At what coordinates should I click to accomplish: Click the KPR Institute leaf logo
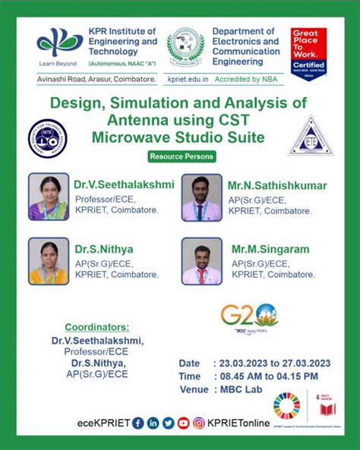click(61, 42)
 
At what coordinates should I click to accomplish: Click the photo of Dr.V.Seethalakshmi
click(49, 197)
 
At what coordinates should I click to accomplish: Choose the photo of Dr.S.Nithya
click(49, 260)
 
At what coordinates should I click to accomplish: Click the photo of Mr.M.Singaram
click(201, 260)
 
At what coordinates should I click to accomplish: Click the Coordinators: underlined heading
click(96, 327)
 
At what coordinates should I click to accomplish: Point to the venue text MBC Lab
click(239, 389)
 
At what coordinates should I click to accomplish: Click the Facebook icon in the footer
click(137, 423)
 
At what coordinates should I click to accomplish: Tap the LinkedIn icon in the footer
click(153, 423)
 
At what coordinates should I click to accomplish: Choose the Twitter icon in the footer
click(168, 423)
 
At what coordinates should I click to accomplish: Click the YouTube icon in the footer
click(183, 423)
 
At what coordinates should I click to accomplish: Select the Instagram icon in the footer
click(199, 423)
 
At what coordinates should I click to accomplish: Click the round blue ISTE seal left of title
click(47, 137)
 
